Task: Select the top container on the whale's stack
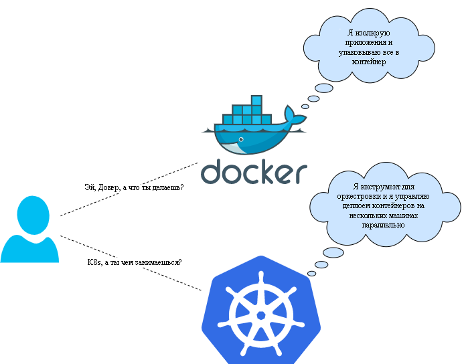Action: (256, 100)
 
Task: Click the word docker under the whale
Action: (254, 171)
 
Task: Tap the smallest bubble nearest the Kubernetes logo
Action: (311, 273)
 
